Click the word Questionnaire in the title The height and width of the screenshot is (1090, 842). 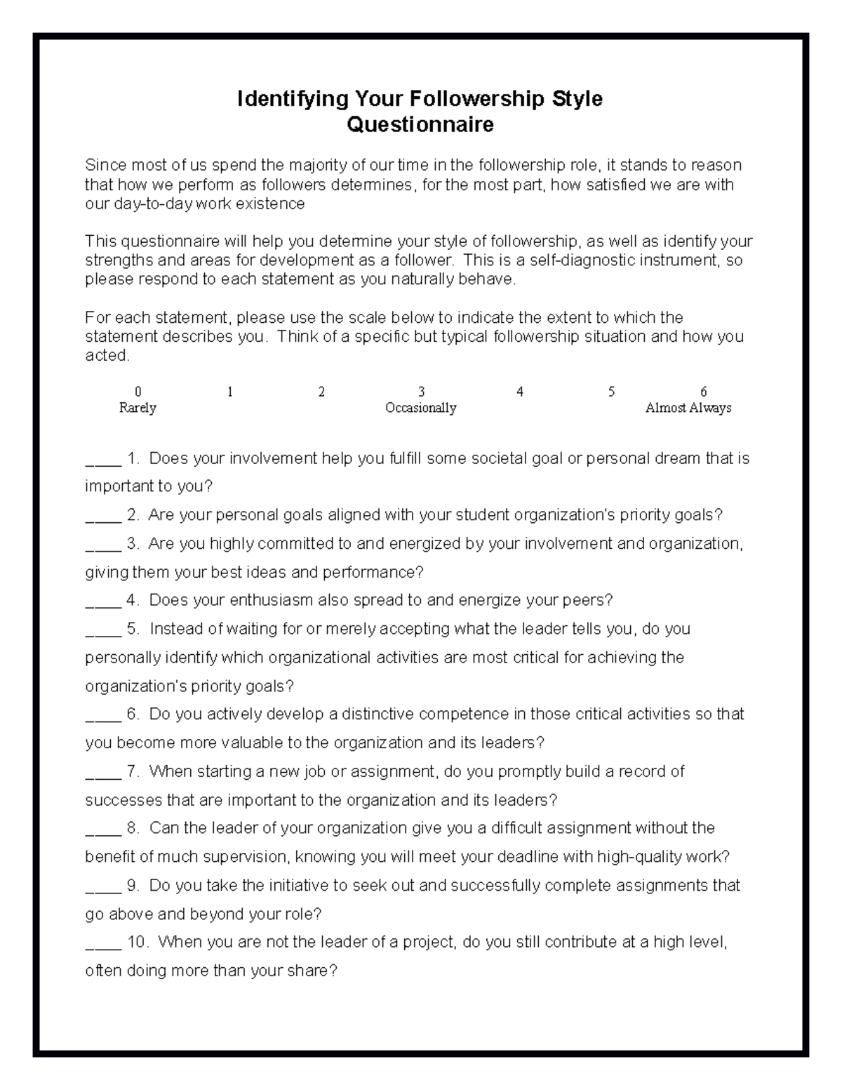420,125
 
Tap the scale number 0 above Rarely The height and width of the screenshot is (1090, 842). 138,392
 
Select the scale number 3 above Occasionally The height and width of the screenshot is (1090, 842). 421,392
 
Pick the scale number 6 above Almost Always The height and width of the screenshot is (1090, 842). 704,392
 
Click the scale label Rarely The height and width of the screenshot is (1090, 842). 138,408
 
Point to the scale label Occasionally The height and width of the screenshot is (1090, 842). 421,408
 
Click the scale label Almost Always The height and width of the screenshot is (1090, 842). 688,408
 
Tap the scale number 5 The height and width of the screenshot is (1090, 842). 611,392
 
